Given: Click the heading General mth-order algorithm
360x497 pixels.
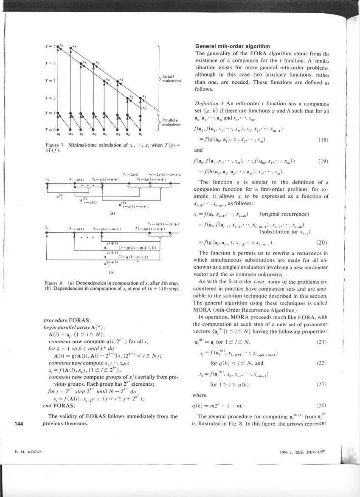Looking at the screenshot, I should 229,46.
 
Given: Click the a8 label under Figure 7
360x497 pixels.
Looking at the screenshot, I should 58,133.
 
